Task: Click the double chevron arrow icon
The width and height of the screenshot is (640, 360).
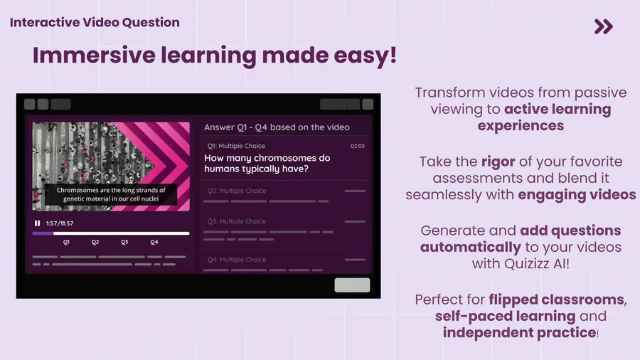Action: (603, 26)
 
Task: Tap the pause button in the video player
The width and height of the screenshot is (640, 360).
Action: (37, 223)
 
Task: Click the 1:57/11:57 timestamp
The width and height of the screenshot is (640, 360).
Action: (60, 223)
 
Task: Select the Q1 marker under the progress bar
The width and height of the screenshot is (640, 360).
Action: (66, 242)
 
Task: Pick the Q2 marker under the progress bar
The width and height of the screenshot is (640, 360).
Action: (95, 242)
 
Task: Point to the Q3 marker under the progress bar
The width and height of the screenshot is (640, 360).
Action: (124, 242)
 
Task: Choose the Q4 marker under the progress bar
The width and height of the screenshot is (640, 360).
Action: (154, 242)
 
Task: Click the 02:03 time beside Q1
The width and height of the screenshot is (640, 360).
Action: (358, 146)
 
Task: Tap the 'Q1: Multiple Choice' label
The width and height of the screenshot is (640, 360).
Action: (236, 146)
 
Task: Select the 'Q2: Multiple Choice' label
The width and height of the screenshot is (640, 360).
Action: (236, 191)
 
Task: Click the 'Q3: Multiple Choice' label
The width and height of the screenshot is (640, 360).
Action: (236, 221)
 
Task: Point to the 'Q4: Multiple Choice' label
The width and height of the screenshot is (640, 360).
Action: (236, 260)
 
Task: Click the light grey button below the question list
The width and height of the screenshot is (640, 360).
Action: (352, 285)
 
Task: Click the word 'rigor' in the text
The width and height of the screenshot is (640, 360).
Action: (498, 162)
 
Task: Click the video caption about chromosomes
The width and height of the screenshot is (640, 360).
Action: (111, 194)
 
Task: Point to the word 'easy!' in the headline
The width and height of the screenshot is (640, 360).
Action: (366, 55)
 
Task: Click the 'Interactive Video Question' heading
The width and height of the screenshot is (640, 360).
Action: (95, 22)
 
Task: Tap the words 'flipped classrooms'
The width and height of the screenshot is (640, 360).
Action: (556, 300)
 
